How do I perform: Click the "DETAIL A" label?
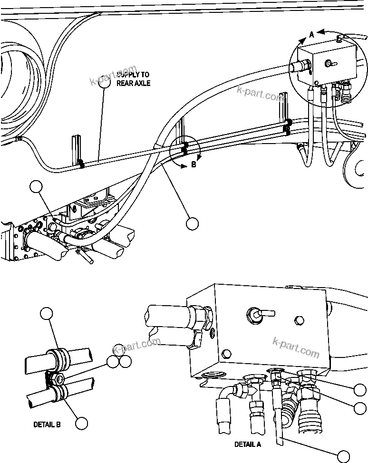pyautogui.click(x=247, y=444)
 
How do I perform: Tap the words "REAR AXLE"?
pyautogui.click(x=134, y=83)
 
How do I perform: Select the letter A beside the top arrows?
pyautogui.click(x=311, y=34)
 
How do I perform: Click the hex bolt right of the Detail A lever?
pyautogui.click(x=298, y=320)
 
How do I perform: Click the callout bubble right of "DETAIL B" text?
pyautogui.click(x=82, y=424)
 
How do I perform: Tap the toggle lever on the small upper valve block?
pyautogui.click(x=329, y=63)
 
